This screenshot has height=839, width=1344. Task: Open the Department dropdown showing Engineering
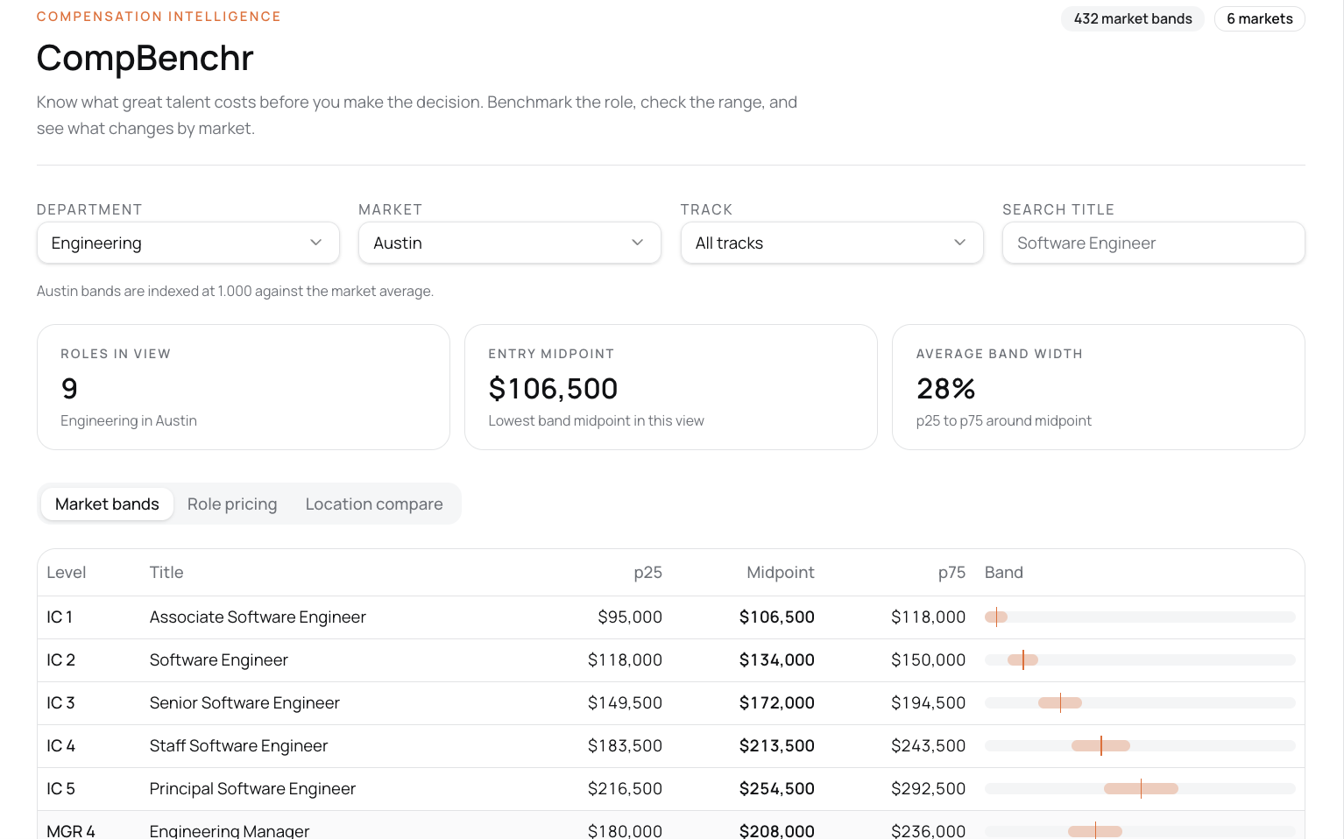coord(187,243)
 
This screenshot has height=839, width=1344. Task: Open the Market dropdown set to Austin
coord(509,243)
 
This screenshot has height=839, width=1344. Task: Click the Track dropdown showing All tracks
coord(831,243)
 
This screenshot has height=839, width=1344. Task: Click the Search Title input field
coord(1153,243)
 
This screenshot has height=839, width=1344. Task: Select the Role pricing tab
coord(232,504)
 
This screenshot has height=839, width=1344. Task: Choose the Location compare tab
coord(374,504)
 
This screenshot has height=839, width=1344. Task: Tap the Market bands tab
coord(107,504)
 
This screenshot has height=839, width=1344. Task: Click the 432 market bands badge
coord(1132,18)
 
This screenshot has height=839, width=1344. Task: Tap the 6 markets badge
coord(1259,18)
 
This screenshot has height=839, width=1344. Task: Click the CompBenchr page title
coord(145,58)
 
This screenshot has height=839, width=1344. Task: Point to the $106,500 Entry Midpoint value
coord(553,388)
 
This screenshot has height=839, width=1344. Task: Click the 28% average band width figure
coord(945,388)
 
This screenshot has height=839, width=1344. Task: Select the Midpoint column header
coord(780,572)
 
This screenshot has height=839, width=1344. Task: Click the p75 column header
coord(951,573)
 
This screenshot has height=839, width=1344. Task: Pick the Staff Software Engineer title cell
coord(238,745)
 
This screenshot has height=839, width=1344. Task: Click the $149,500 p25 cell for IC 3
coord(625,702)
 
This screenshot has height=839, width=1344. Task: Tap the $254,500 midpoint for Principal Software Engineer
coord(776,788)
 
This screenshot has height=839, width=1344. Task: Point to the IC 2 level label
coord(61,659)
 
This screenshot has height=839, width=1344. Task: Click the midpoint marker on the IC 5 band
coord(1141,788)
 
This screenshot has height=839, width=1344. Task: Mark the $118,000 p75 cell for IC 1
coord(928,617)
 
